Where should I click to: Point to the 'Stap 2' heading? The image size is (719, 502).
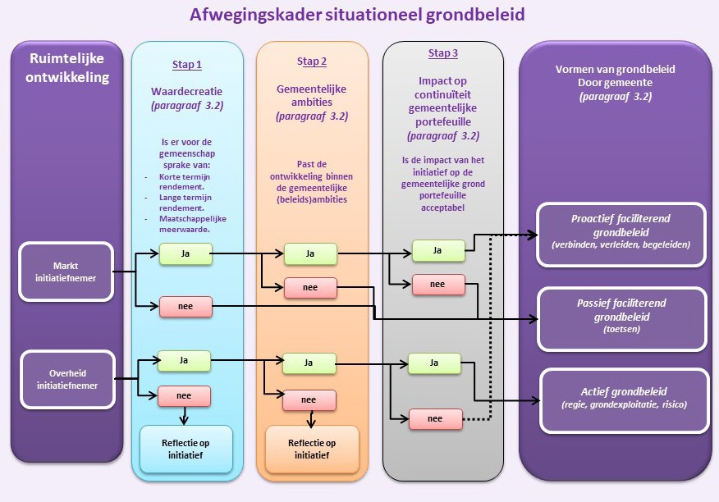click(312, 62)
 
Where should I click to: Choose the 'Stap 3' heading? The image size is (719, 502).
click(442, 53)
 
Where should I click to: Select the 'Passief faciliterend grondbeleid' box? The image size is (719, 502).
click(621, 316)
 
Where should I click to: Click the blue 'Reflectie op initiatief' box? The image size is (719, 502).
click(186, 449)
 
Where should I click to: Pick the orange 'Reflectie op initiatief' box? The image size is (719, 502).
click(312, 449)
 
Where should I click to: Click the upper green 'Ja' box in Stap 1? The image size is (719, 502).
click(185, 254)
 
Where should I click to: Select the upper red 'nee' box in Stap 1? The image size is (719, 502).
click(185, 307)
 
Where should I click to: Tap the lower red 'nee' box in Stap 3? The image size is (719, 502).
click(435, 418)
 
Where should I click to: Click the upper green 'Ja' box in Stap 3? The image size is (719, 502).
click(438, 250)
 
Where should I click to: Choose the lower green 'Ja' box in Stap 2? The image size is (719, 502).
click(309, 362)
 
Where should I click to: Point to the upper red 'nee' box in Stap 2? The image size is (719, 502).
click(309, 288)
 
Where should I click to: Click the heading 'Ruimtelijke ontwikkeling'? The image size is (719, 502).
click(66, 68)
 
